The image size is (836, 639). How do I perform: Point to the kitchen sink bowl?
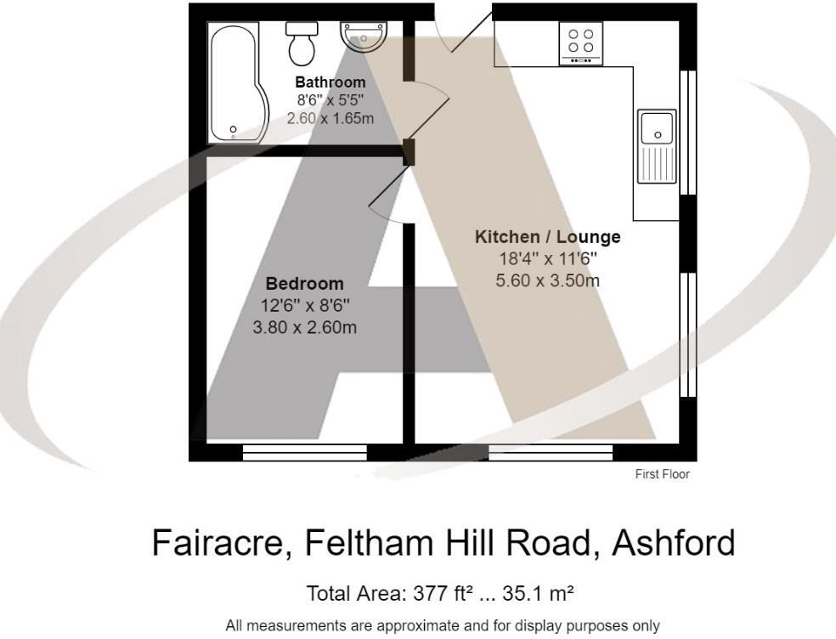(657, 128)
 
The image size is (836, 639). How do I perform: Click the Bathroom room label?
(330, 82)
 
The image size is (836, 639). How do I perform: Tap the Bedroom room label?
(305, 284)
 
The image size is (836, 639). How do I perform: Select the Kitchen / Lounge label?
(547, 237)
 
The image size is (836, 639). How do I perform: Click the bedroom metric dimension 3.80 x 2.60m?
(305, 326)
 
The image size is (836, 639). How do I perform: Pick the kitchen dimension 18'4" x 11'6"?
(548, 259)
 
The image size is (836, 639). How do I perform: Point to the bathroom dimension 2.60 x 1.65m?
(330, 118)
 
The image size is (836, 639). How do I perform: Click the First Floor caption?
(663, 474)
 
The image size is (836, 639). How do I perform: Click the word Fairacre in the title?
(223, 542)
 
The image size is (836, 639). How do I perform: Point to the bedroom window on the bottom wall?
(305, 452)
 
